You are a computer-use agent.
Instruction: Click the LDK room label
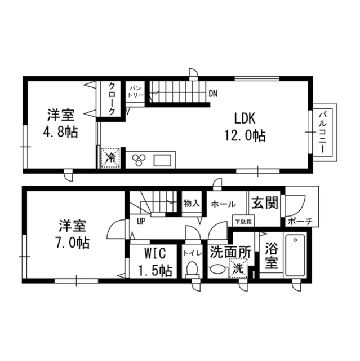pos(245,118)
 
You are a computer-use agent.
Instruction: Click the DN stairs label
pos(213,94)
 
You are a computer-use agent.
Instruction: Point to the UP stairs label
pos(142,221)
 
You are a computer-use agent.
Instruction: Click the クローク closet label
pos(112,99)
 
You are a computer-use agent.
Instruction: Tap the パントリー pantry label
pos(136,92)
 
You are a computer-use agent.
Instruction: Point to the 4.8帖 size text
pos(60,133)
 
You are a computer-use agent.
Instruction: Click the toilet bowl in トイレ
pos(192,270)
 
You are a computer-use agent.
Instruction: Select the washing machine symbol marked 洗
pos(238,270)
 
